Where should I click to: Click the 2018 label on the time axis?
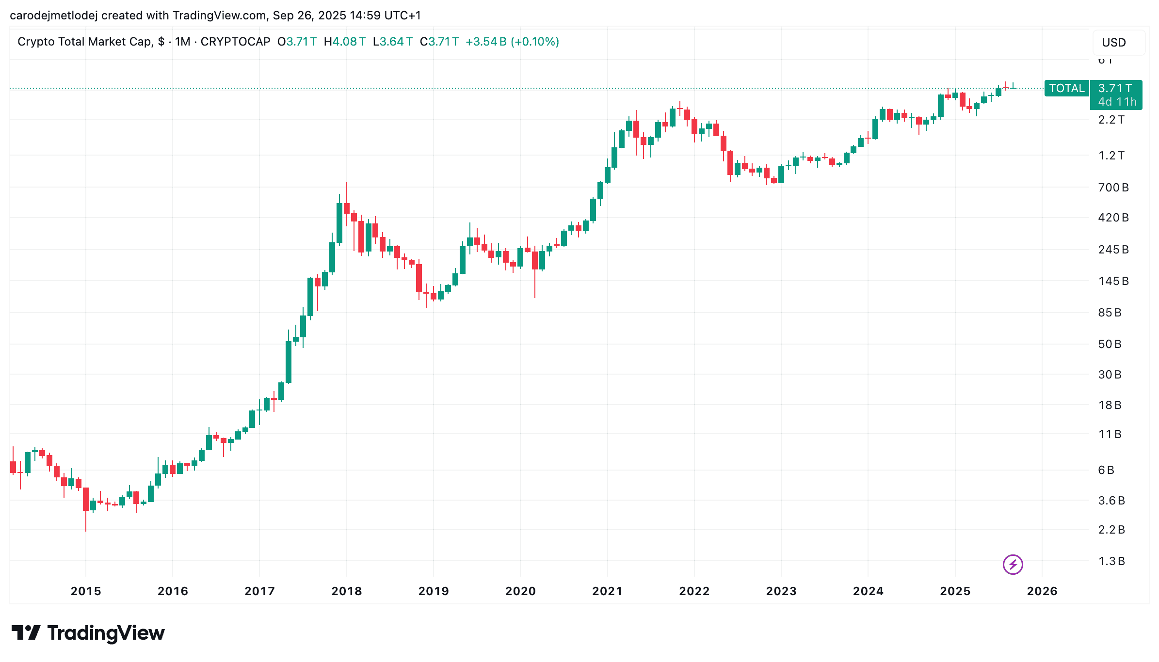coord(346,591)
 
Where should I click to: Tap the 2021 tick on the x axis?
coord(607,591)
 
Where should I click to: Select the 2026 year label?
coord(1042,591)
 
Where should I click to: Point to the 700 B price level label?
coord(1113,188)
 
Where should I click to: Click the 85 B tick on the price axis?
coord(1110,313)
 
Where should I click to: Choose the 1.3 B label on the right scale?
coord(1111,561)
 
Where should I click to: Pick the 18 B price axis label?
coord(1110,405)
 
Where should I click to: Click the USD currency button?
coord(1114,43)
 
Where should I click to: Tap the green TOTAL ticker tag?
coord(1066,88)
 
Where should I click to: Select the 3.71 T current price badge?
coord(1115,88)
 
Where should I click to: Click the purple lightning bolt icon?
coord(1013,565)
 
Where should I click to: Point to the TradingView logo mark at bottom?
coord(26,633)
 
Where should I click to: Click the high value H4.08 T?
coord(344,42)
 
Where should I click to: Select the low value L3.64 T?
coord(392,42)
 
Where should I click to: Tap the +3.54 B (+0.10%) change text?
coord(512,42)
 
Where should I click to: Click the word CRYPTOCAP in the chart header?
coord(235,42)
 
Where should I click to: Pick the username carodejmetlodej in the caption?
coord(53,16)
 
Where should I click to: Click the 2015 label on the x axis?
coord(86,591)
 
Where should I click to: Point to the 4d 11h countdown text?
coord(1117,102)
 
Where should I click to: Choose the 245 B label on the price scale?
coord(1113,250)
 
